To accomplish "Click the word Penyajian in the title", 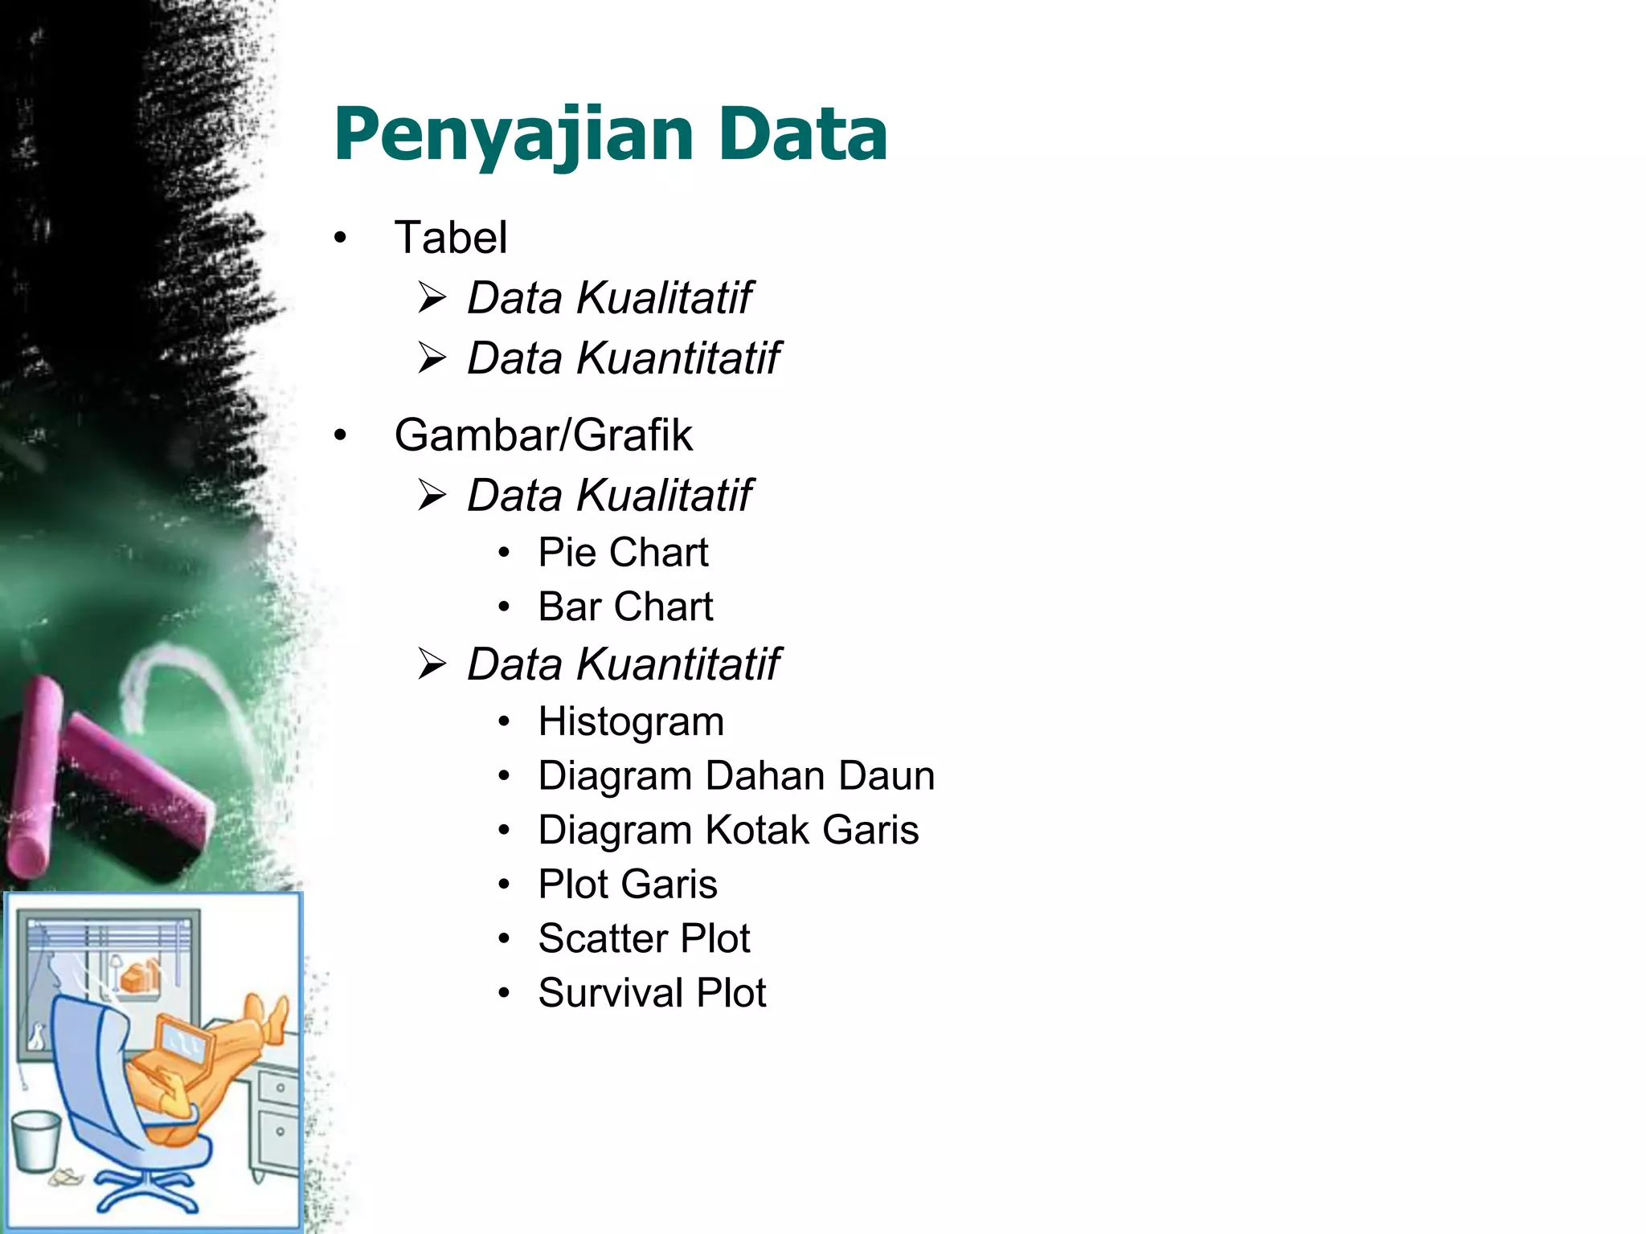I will pos(514,135).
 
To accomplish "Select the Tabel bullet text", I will pos(450,238).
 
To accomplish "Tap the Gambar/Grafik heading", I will pos(543,435).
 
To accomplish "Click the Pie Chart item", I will pos(623,553).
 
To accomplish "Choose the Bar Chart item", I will pos(625,607).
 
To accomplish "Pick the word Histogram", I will pos(631,721).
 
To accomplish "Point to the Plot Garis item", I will pos(628,885).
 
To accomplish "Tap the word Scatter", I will pos(604,938).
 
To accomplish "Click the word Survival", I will pos(611,993).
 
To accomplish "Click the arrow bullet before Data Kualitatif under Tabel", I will pos(432,299).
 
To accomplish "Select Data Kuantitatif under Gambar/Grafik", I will pos(623,664).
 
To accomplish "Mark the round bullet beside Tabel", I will pos(341,239).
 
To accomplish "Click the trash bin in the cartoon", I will pos(36,1141).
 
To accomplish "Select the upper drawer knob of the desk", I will pos(280,1088).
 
